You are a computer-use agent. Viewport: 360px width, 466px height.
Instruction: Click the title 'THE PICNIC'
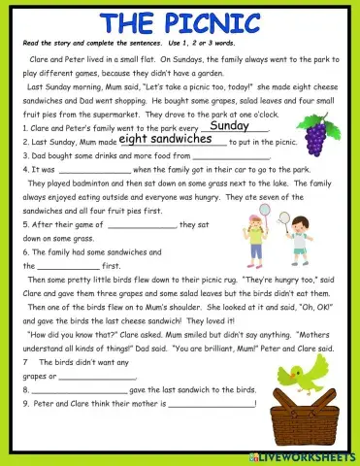[x=180, y=22]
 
